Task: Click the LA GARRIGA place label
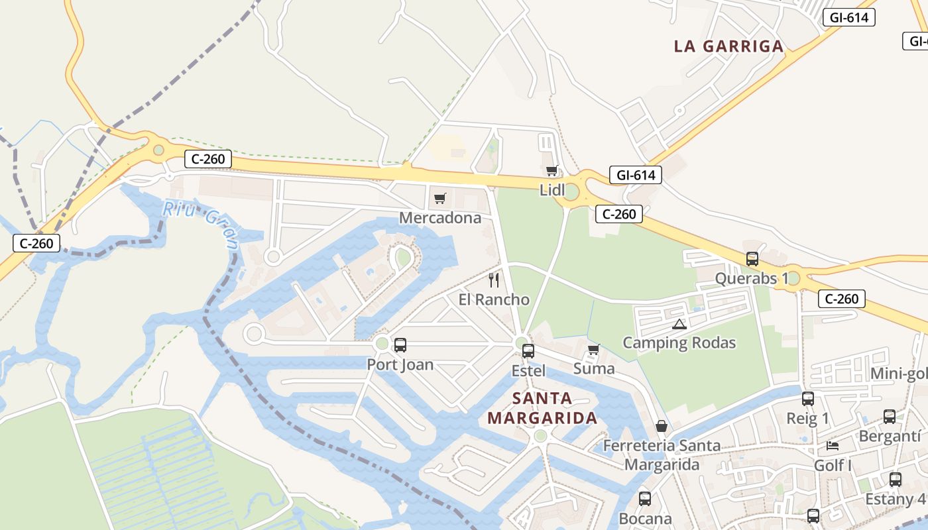pyautogui.click(x=728, y=46)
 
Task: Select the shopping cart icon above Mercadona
pyautogui.click(x=439, y=198)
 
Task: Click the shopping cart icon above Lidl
pyautogui.click(x=551, y=170)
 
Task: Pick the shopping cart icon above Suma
pyautogui.click(x=593, y=349)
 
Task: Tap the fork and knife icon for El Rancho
pyautogui.click(x=494, y=280)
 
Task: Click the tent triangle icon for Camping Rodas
pyautogui.click(x=678, y=324)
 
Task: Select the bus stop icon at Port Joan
pyautogui.click(x=400, y=344)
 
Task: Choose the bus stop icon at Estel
pyautogui.click(x=528, y=350)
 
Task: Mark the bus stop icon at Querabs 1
pyautogui.click(x=752, y=258)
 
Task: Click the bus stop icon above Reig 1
pyautogui.click(x=807, y=398)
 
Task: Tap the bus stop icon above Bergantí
pyautogui.click(x=890, y=416)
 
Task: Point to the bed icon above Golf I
pyautogui.click(x=833, y=445)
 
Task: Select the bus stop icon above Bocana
pyautogui.click(x=644, y=498)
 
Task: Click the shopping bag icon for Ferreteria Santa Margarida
pyautogui.click(x=661, y=426)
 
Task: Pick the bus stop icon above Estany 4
pyautogui.click(x=895, y=479)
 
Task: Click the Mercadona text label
pyautogui.click(x=440, y=218)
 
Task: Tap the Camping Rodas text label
pyautogui.click(x=679, y=343)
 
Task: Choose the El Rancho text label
pyautogui.click(x=494, y=299)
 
